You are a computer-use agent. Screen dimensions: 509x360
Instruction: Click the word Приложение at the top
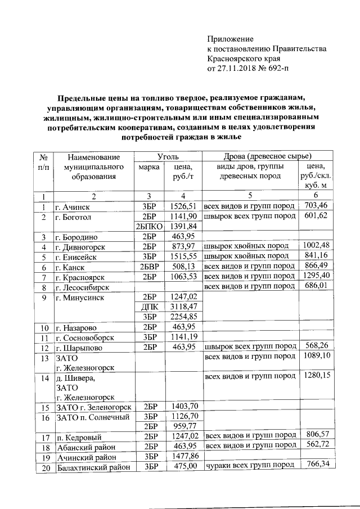pyautogui.click(x=231, y=39)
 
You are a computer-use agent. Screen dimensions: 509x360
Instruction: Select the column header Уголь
pyautogui.click(x=168, y=155)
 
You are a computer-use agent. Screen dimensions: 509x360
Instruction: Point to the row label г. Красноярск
pyautogui.click(x=82, y=277)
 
